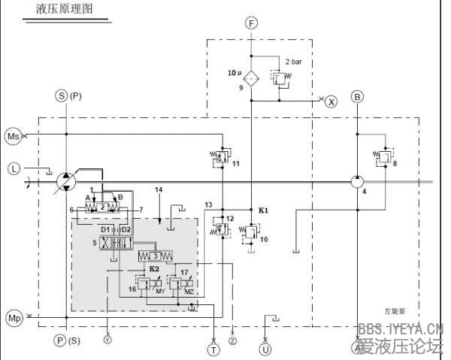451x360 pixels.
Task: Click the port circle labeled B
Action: point(358,96)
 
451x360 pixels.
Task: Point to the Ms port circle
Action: point(14,135)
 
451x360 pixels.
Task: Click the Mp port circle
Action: point(14,317)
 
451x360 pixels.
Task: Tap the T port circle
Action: point(214,348)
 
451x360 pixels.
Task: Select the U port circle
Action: point(265,348)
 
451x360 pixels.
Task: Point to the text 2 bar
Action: point(293,61)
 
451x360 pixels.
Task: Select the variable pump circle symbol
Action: point(66,181)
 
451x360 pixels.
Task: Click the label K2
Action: point(153,268)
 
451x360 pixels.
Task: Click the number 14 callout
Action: point(158,189)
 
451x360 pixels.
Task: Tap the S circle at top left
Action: point(62,95)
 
